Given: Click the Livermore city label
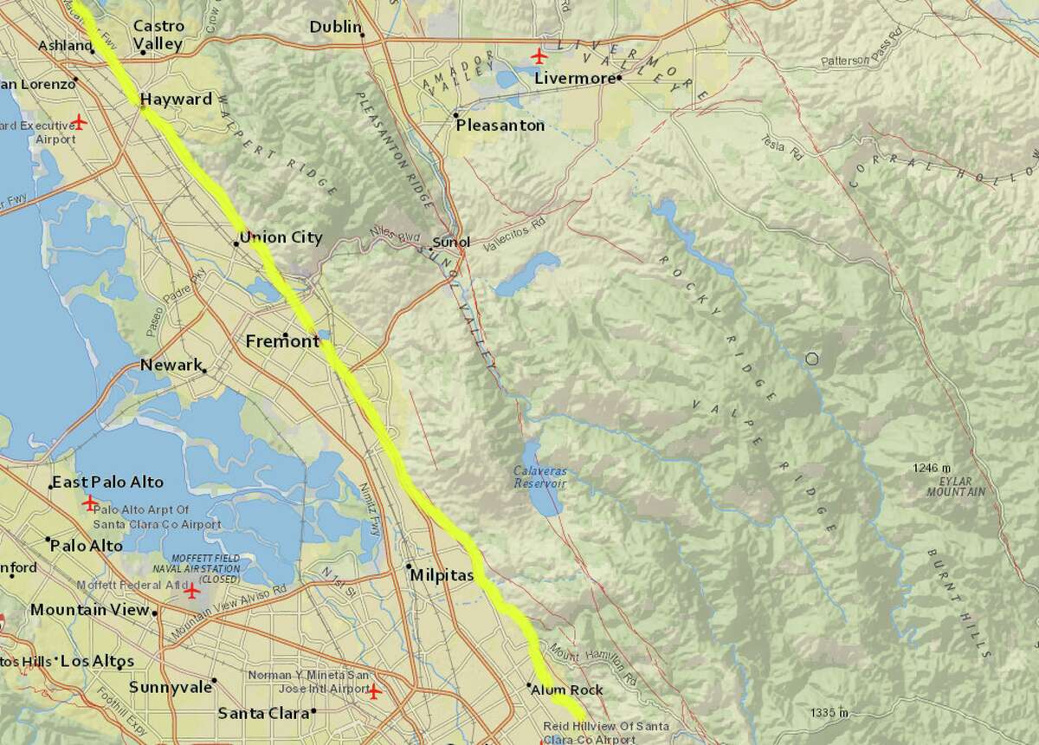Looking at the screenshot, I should tap(574, 78).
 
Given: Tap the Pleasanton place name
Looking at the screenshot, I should tap(500, 126).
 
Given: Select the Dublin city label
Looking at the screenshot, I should tap(335, 28).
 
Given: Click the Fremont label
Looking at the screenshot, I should tap(282, 341).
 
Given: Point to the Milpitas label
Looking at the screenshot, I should tap(443, 576).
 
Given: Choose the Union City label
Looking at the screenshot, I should tap(281, 237).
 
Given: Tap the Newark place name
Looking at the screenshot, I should tap(171, 366).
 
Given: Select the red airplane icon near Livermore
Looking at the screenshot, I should tap(540, 57).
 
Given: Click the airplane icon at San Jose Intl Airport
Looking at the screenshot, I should tap(374, 691).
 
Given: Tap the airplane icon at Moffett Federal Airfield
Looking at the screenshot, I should tap(192, 593).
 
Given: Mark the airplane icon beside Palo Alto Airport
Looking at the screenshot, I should tap(90, 502).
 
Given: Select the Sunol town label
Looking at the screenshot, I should tap(450, 243).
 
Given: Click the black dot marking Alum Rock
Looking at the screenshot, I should tap(529, 685).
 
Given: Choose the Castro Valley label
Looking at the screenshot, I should tap(158, 35).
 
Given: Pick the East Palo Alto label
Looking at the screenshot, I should tap(107, 483).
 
